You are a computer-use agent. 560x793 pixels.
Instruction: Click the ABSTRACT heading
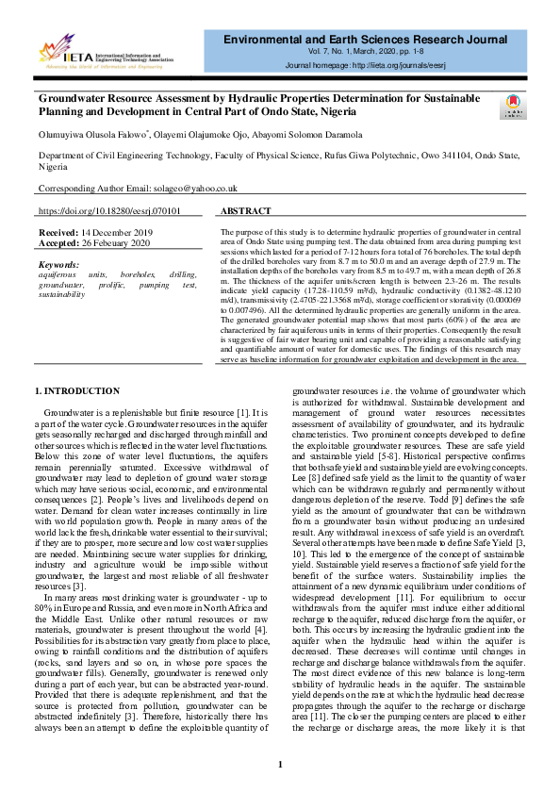tap(246, 212)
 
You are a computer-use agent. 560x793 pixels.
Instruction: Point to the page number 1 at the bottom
tap(280, 764)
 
